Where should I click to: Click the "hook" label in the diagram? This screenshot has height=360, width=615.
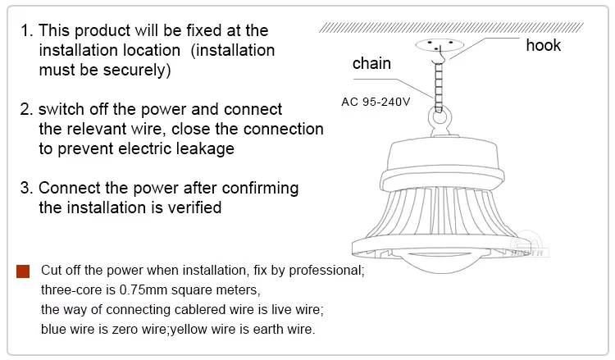point(543,45)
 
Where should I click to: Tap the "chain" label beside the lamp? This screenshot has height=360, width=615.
point(371,63)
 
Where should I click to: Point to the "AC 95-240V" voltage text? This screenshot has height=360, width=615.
point(376,102)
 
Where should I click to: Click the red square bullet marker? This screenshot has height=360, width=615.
point(23,271)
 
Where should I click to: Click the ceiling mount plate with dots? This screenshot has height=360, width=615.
point(440,44)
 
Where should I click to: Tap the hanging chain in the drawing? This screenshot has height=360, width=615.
point(439,87)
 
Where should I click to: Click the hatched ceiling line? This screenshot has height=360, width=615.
point(451,27)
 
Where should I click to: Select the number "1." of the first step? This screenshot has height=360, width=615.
point(27,30)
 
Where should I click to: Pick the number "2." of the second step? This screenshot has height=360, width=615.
point(27,109)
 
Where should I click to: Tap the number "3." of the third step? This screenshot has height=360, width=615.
point(27,189)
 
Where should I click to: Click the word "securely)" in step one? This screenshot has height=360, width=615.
point(137,71)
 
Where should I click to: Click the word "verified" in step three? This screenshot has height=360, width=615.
point(194,207)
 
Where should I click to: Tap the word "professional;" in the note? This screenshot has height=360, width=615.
point(326,271)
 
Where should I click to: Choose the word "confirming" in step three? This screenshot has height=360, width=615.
point(260,189)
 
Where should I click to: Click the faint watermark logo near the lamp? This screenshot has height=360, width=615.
point(527,245)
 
